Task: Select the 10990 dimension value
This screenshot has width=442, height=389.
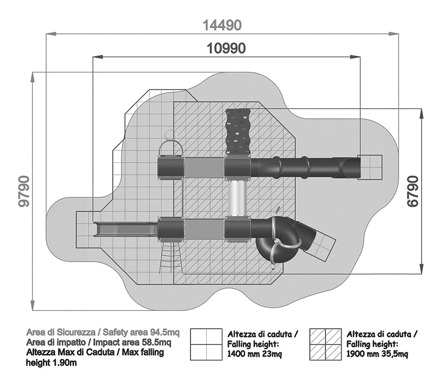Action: (226, 48)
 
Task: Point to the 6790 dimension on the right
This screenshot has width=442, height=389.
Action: (412, 192)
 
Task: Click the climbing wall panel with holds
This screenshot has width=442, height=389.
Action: (237, 131)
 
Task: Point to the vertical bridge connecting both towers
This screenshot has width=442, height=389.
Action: (237, 198)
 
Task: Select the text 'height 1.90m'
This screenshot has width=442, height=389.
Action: (51, 363)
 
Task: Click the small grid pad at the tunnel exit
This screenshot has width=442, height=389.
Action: (371, 167)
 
